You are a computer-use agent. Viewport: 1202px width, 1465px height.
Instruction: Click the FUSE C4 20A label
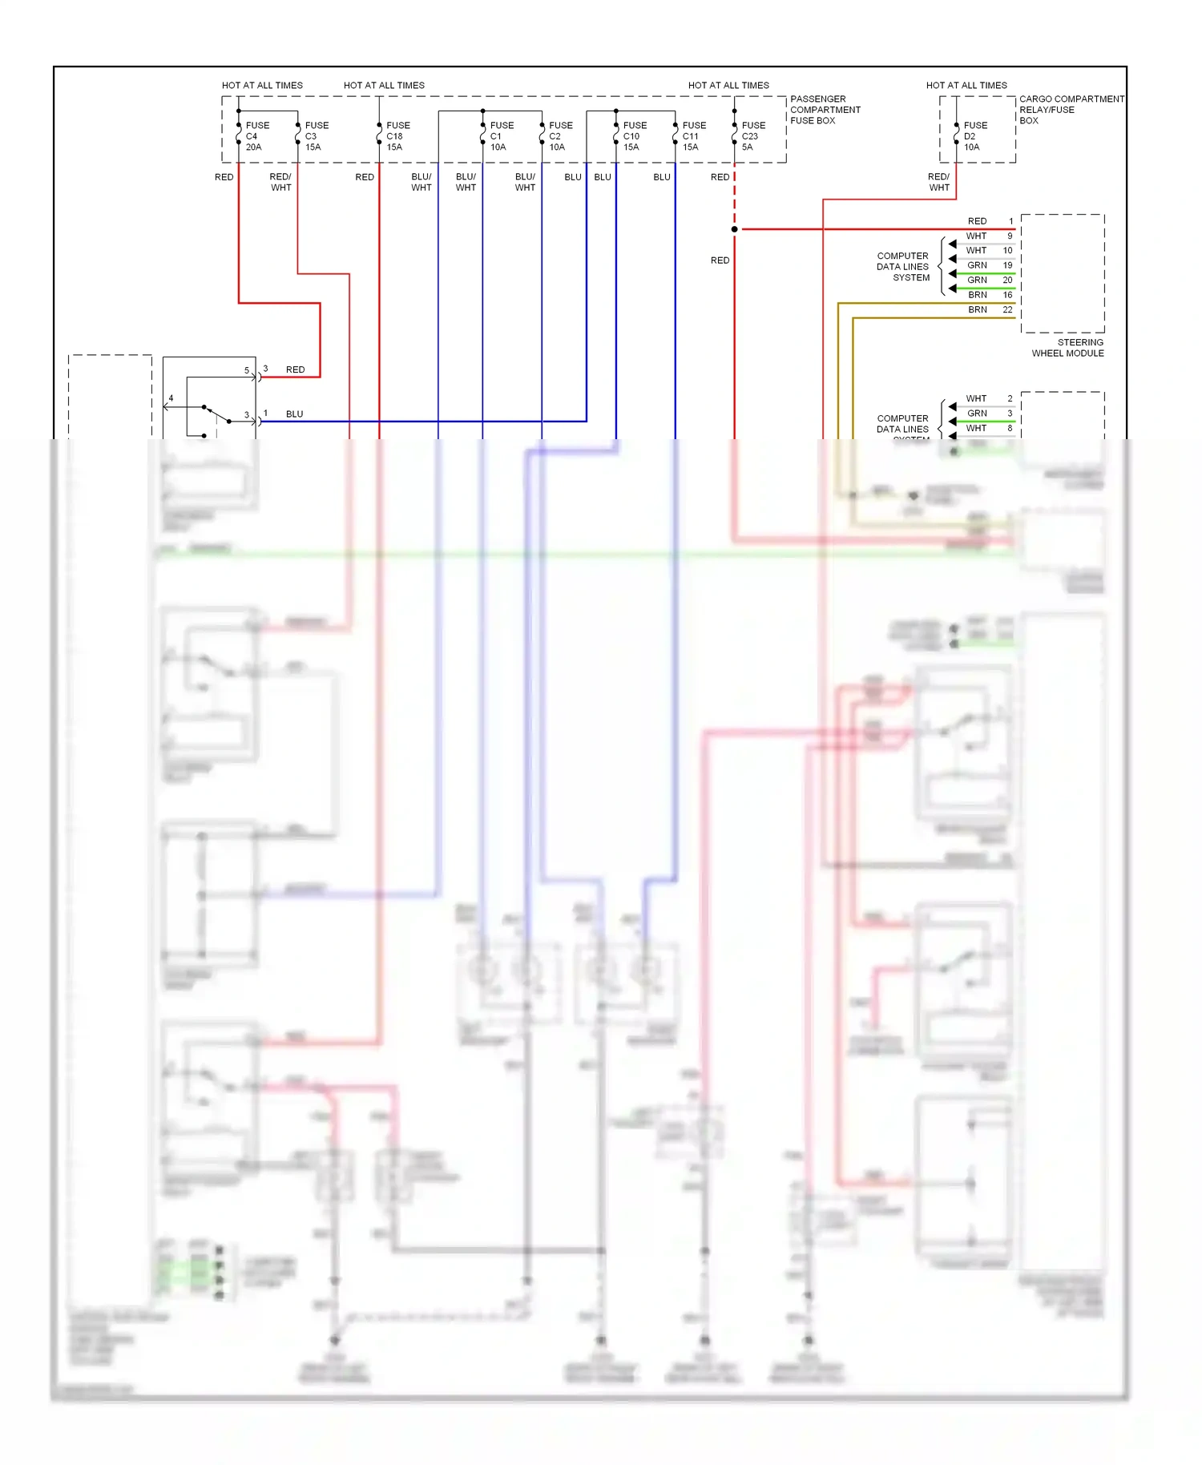(256, 136)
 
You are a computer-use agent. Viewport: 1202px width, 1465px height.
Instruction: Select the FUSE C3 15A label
(316, 136)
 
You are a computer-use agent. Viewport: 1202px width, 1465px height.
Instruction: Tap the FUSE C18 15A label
(397, 136)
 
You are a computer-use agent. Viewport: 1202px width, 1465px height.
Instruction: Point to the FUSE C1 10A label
(501, 136)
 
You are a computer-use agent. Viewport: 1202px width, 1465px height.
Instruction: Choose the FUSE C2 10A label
(560, 136)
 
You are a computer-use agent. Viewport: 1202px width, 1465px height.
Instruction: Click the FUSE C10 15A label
(634, 136)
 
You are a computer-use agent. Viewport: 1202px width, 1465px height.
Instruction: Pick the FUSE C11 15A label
(693, 136)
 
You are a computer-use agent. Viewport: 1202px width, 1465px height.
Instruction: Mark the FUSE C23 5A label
(752, 136)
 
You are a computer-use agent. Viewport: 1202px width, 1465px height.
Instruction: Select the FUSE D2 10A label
(974, 136)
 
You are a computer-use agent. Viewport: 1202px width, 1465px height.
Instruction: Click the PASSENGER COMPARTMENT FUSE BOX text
(825, 110)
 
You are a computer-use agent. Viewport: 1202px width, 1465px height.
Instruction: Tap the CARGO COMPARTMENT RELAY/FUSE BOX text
(1071, 110)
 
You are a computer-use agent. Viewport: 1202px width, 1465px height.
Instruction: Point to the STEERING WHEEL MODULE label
(1067, 348)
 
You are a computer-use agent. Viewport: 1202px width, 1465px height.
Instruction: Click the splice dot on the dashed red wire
(734, 229)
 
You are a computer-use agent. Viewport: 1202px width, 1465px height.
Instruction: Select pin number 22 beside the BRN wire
(1007, 310)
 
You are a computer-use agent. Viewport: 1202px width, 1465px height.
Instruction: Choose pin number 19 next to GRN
(1007, 265)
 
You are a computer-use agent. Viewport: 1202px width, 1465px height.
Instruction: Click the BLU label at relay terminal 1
(294, 414)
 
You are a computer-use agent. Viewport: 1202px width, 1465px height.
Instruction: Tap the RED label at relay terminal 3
(295, 370)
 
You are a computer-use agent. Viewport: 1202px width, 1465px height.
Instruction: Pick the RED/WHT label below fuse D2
(938, 182)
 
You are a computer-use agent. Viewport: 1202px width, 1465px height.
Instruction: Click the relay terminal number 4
(171, 398)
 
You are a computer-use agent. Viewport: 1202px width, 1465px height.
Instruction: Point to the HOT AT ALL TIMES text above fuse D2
(966, 85)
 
